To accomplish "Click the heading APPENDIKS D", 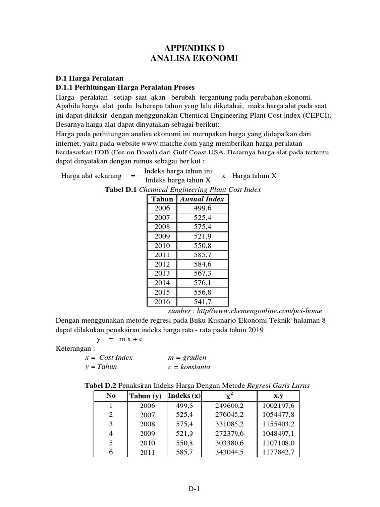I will pyautogui.click(x=190, y=48).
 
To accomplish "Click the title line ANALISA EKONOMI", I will pyautogui.click(x=190, y=59).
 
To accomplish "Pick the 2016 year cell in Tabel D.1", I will pyautogui.click(x=162, y=302).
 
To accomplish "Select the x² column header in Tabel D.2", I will pyautogui.click(x=229, y=396).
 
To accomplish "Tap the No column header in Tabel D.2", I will pyautogui.click(x=110, y=396).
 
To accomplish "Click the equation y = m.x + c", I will pyautogui.click(x=121, y=339).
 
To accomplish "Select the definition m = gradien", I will pyautogui.click(x=188, y=357).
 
